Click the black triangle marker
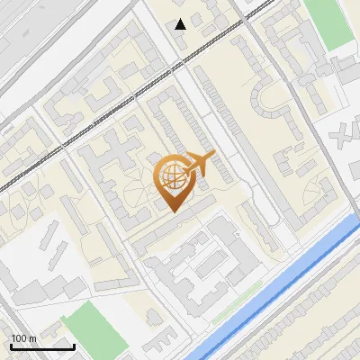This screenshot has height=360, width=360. [181, 23]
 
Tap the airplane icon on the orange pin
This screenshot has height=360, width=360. [198, 164]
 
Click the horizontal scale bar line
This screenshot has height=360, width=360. [42, 346]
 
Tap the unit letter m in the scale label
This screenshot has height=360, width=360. [32, 338]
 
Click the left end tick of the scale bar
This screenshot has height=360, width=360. [11, 345]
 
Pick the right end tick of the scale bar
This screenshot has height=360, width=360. [74, 345]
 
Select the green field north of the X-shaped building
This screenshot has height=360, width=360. [328, 22]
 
